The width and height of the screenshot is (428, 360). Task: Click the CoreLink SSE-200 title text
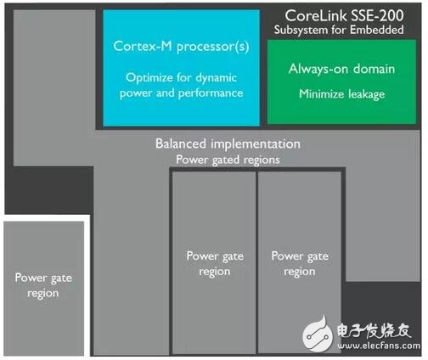click(x=344, y=15)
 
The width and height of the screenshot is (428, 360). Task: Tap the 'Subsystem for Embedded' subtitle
click(x=339, y=30)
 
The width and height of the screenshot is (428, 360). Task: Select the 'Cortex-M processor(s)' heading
click(x=181, y=47)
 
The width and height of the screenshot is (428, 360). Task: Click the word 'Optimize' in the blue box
click(x=149, y=78)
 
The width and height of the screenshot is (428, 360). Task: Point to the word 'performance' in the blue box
click(x=211, y=93)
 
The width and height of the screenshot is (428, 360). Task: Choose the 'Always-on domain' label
click(x=341, y=69)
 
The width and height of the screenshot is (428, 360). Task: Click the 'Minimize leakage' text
click(x=342, y=94)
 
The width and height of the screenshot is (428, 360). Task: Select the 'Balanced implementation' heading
click(x=228, y=143)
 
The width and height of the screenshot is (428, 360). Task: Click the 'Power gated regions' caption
click(x=228, y=160)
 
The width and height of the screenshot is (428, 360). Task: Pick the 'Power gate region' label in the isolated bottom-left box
click(x=43, y=285)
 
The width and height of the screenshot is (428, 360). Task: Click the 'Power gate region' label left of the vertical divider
click(x=215, y=264)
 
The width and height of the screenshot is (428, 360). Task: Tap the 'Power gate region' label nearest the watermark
click(x=300, y=264)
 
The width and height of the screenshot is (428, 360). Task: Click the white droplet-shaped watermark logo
click(x=318, y=335)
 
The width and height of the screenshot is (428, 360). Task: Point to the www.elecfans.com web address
click(x=379, y=346)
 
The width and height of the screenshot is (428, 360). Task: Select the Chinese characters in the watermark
click(x=374, y=330)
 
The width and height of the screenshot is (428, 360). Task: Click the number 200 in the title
click(x=391, y=15)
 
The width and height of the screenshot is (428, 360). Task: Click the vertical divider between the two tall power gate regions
click(x=256, y=262)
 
